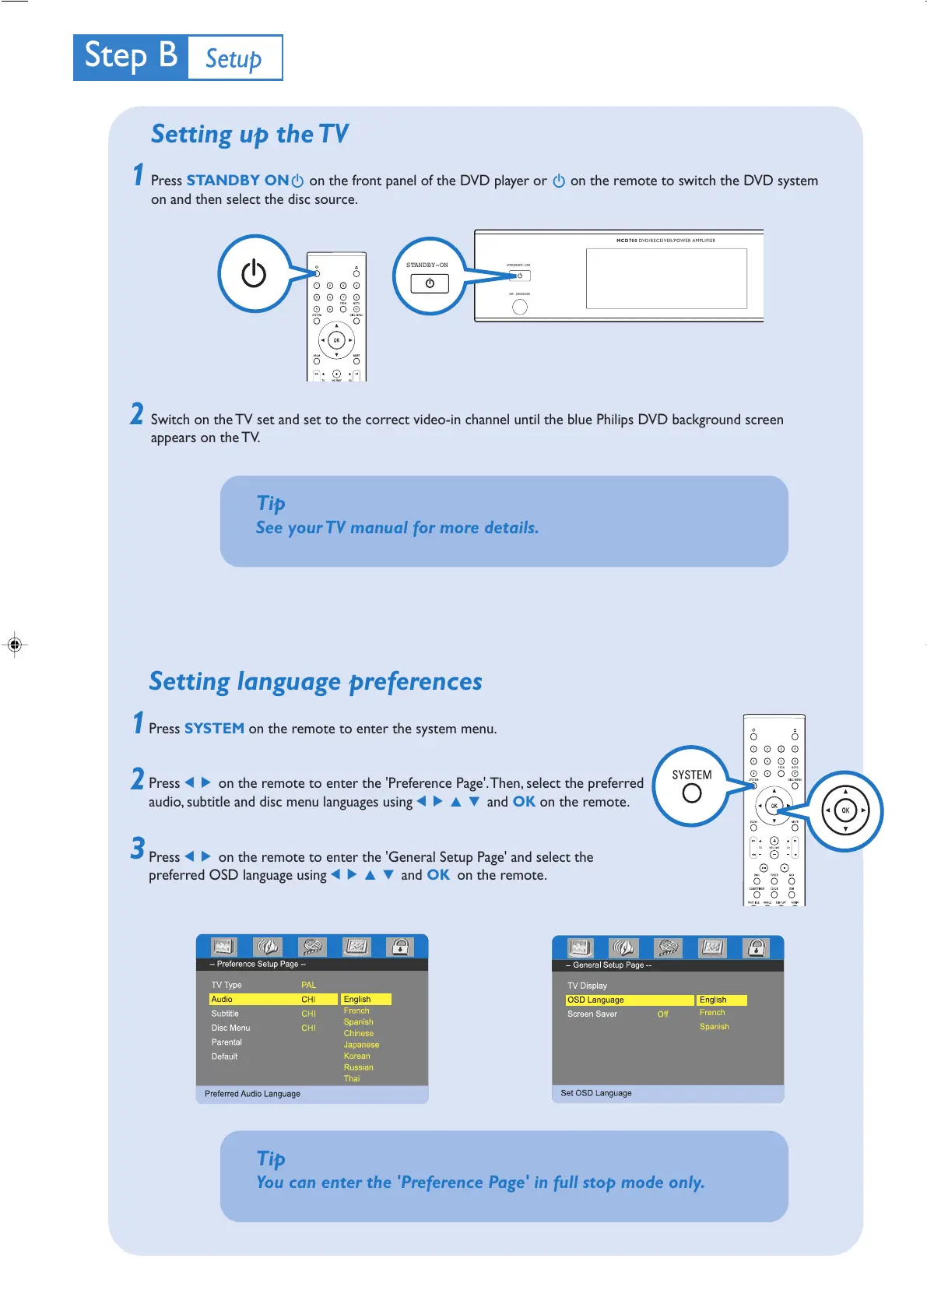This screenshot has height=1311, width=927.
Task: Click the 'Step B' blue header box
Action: coord(131,57)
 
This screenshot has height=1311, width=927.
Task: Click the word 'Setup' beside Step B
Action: coord(234,58)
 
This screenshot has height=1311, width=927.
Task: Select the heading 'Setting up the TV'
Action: coord(249,134)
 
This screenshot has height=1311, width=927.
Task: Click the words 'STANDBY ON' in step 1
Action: coord(237,181)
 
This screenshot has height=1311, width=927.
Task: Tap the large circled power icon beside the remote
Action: coord(254,273)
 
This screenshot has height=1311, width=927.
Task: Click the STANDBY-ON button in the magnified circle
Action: coord(430,283)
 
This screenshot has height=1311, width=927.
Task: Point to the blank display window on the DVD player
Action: coord(666,278)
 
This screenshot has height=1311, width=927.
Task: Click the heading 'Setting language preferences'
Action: coord(315,682)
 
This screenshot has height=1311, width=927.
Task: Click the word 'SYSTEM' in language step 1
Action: coord(214,729)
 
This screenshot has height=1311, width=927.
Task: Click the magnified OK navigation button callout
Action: coord(845,810)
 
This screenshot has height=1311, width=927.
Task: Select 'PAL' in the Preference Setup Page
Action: coord(309,985)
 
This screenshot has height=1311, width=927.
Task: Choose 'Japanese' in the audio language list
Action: coord(361,1045)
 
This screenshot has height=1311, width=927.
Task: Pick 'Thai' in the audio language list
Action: coord(352,1078)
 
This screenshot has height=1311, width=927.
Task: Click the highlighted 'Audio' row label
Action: coord(223,999)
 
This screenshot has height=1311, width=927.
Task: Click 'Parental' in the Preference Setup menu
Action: coord(226,1042)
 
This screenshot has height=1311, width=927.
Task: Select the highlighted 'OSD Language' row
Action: coord(596,1000)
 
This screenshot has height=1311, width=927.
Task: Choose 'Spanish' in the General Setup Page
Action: coord(714,1026)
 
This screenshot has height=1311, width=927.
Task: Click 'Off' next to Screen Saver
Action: coord(662,1014)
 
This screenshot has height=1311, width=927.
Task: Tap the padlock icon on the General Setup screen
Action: coord(757,947)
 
